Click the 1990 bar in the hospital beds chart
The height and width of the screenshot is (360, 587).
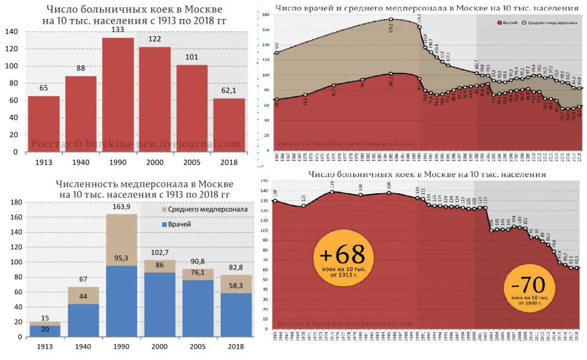pos(118,95)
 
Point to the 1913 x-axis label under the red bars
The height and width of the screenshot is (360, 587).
pos(44,162)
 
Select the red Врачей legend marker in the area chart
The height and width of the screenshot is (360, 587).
pos(499,22)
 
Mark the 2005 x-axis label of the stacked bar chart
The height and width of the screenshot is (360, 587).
pos(195,346)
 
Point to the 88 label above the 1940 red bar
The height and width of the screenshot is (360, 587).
pos(81,69)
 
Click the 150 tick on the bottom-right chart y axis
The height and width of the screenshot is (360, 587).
pos(265,181)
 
